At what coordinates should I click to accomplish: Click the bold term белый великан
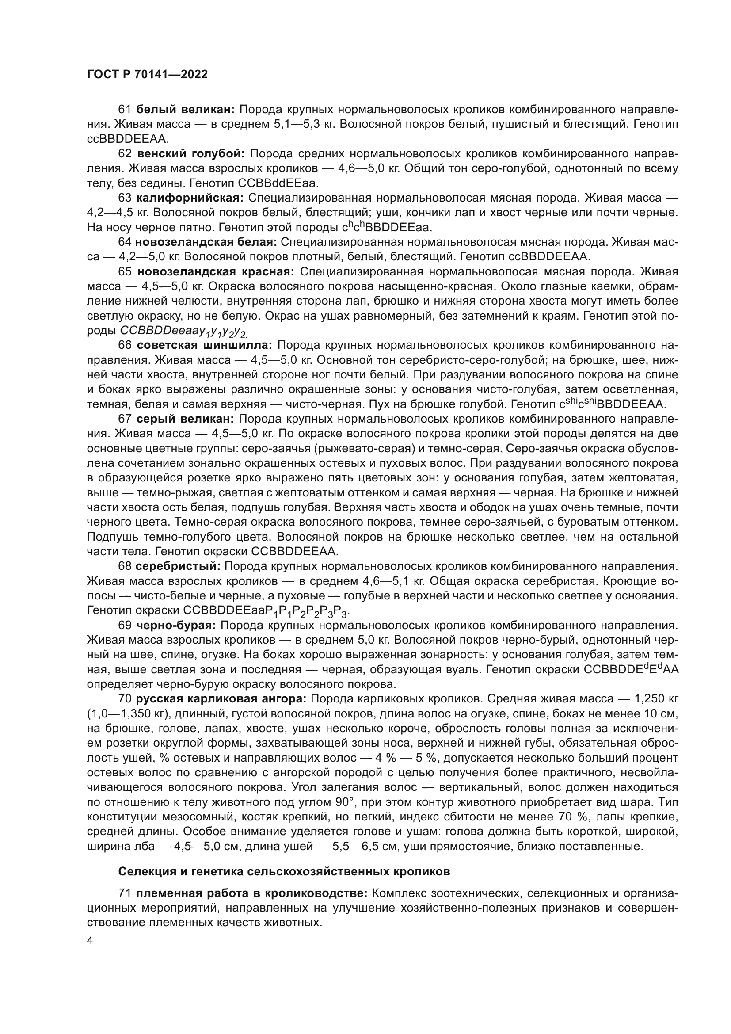pos(185,110)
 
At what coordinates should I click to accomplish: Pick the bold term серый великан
pos(185,419)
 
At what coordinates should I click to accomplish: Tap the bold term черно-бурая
pos(176,625)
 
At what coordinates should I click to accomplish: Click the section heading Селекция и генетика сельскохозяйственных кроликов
pos(284,871)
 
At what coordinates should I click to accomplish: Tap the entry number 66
pos(125,345)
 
